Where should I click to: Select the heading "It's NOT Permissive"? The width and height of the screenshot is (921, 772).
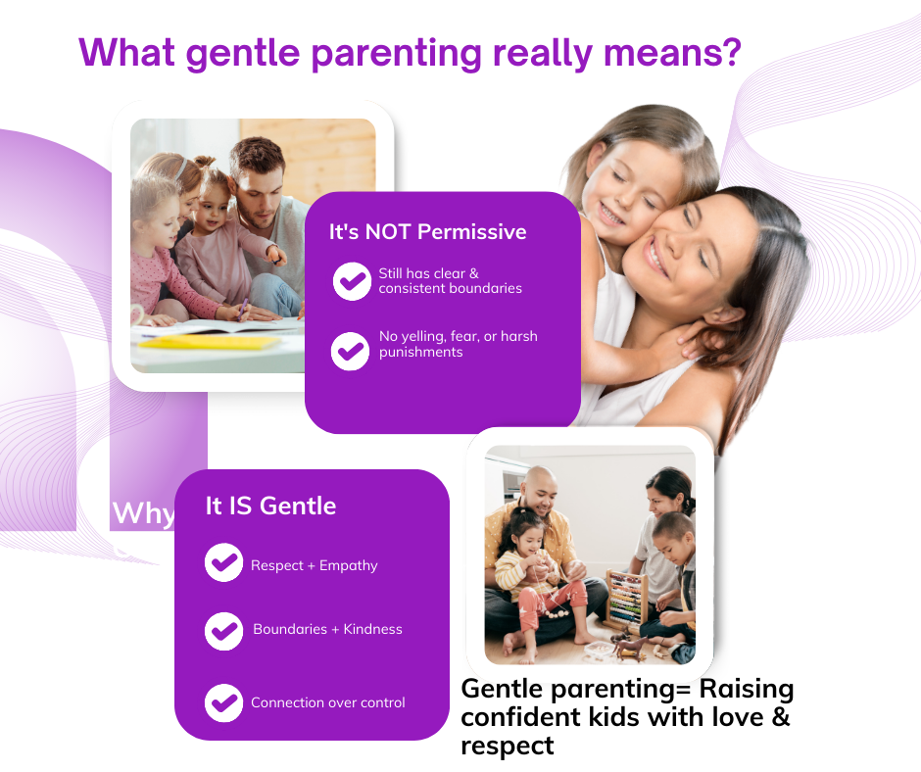coord(427,232)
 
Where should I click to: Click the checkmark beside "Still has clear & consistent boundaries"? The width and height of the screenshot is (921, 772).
coord(351,281)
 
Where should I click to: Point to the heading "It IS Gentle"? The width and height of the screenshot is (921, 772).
coord(270,506)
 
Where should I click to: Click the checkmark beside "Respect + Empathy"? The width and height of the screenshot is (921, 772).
coord(223,563)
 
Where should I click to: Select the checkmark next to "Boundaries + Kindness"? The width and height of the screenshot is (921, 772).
coord(223,630)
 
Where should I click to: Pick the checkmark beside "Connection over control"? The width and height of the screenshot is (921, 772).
coord(223,702)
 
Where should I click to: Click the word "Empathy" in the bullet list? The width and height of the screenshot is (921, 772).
coord(348,565)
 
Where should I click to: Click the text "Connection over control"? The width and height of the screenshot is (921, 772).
coord(327,702)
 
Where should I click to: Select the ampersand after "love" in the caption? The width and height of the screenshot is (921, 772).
coord(780,717)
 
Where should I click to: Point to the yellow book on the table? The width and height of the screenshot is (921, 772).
coord(210,341)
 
